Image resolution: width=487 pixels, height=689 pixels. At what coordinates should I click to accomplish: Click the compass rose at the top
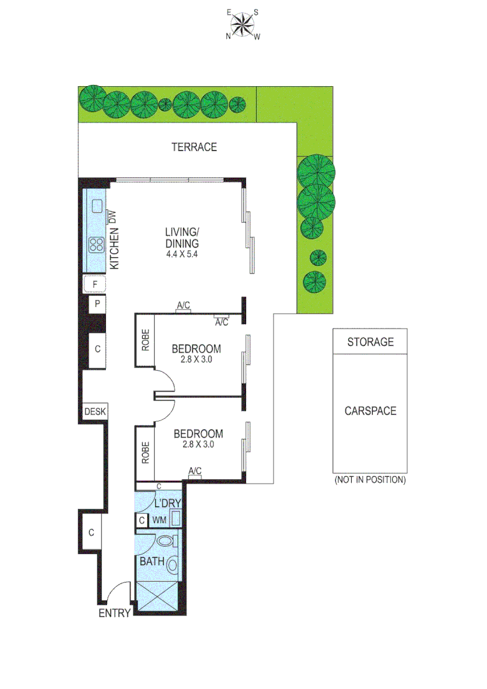[242, 26]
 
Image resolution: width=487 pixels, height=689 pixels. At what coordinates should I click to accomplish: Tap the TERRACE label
[194, 147]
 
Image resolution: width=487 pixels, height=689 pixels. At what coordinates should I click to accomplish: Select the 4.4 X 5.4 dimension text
[182, 255]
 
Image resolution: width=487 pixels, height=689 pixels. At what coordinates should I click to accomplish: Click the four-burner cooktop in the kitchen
[97, 244]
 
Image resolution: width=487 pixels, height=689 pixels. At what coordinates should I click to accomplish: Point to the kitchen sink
[97, 206]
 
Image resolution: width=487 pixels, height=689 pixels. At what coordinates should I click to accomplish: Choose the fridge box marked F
[95, 283]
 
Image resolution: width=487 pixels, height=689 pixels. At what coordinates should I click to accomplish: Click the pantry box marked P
[97, 304]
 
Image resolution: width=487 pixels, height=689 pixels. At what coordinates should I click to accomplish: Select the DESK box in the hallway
[95, 412]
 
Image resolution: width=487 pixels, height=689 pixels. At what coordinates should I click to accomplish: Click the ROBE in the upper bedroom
[145, 341]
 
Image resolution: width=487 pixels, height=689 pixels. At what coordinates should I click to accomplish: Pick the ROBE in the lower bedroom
[145, 452]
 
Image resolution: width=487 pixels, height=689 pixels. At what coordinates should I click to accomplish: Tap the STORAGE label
[370, 342]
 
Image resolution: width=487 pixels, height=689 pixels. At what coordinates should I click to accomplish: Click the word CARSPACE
[370, 411]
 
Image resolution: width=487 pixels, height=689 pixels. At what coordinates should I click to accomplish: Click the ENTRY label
[115, 614]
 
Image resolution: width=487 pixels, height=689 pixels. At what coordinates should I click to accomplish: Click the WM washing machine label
[159, 521]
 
